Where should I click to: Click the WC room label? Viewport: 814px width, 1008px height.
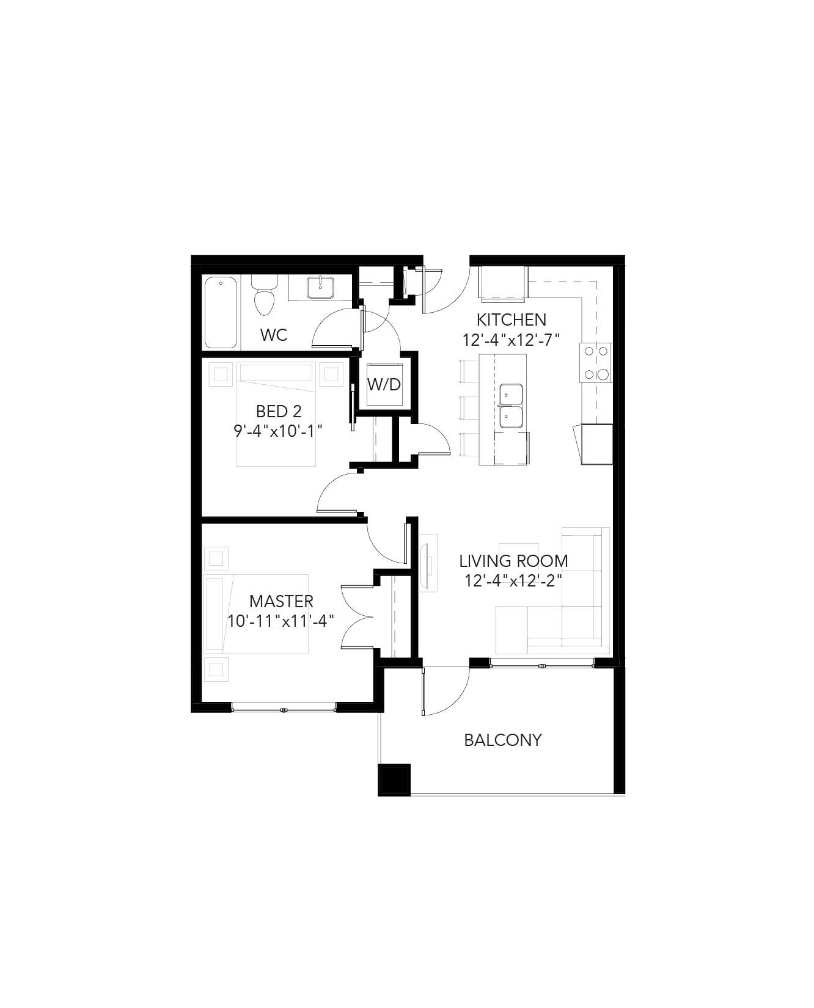coord(273,335)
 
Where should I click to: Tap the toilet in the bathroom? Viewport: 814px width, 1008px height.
coord(264,295)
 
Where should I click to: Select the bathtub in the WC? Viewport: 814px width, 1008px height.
coord(221,313)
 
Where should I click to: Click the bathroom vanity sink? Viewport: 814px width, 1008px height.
coord(320,287)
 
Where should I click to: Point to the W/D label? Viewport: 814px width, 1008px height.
coord(384,384)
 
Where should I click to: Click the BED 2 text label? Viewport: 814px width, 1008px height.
coord(278,411)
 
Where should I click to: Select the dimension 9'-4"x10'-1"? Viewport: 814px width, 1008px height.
coord(278,431)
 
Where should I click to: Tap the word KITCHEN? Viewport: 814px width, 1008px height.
coord(511,320)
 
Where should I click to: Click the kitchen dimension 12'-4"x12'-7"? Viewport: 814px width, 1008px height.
coord(511,340)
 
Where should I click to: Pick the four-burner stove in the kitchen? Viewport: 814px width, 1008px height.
coord(596,363)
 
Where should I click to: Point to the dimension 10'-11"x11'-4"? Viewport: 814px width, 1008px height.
coord(281,621)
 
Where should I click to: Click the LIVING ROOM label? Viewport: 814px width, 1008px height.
coord(513,560)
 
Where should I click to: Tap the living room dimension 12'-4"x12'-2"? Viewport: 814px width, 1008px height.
coord(513,580)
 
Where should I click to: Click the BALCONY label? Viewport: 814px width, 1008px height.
coord(502,740)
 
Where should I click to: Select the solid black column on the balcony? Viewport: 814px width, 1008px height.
coord(394,780)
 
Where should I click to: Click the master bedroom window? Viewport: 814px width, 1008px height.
coord(284,709)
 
